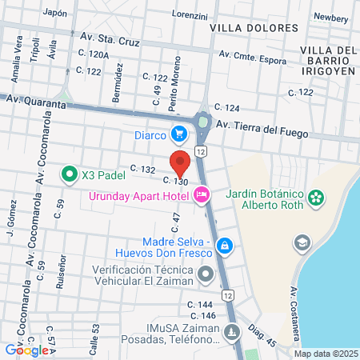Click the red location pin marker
180,162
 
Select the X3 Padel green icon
70,173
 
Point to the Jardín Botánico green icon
317,196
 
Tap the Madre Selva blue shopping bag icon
226,245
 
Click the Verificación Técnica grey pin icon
206,275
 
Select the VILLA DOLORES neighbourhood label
252,27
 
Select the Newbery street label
330,16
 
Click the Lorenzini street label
190,15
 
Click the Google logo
27,350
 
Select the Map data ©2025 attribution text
326,354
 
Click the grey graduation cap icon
302,242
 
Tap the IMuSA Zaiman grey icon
231,331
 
